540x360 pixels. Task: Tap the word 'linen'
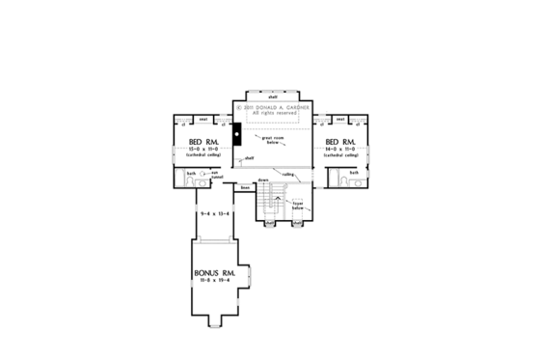coord(246,186)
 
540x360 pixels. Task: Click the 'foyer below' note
coord(298,206)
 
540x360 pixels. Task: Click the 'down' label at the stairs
coord(262,180)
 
